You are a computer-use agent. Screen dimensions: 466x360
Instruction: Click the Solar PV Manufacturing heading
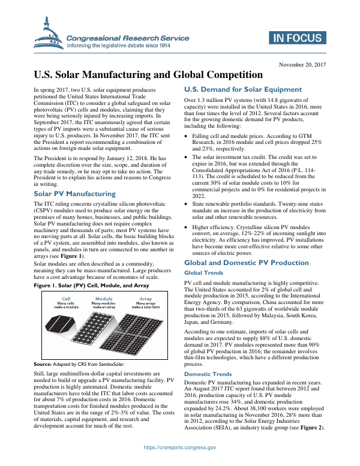(66, 194)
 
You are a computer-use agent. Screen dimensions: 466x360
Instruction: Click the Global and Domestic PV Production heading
(246, 263)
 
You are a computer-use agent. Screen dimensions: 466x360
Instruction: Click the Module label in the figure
(104, 298)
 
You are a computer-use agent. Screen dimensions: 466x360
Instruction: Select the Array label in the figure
(145, 298)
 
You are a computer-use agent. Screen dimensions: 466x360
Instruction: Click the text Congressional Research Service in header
(128, 38)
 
